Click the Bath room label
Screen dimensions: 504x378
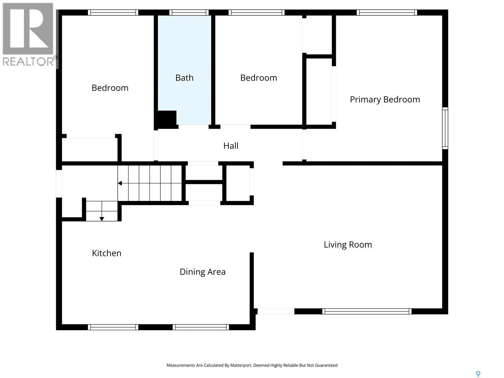[x=184, y=78]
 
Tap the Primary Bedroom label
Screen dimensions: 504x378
[x=385, y=100]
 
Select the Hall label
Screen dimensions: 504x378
[x=231, y=146]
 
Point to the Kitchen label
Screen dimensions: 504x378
[x=106, y=253]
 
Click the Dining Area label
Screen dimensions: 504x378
[x=202, y=272]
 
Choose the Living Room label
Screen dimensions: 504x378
[x=348, y=245]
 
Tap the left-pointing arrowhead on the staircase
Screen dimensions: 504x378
[x=120, y=183]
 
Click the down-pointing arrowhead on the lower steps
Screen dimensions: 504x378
[x=101, y=219]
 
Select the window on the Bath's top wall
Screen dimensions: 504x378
[x=189, y=12]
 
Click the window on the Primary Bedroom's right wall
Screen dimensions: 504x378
[x=445, y=128]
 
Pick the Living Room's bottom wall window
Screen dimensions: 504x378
[x=366, y=311]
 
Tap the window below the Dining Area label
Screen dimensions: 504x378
[x=201, y=327]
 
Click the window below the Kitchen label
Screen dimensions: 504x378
[x=113, y=327]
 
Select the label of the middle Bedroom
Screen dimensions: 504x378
[x=259, y=78]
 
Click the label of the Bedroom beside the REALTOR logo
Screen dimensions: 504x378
[x=110, y=88]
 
